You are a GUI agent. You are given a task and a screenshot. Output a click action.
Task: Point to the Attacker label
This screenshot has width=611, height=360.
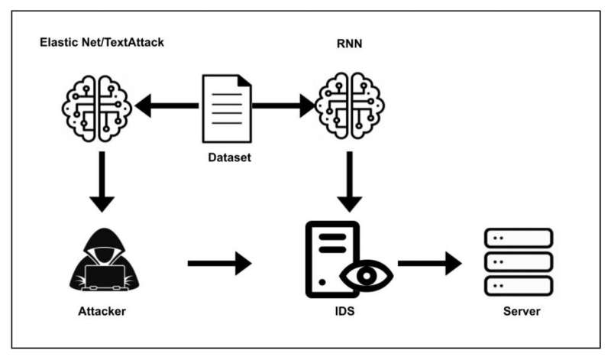tap(102, 312)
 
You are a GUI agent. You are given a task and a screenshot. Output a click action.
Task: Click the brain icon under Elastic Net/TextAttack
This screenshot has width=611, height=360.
tap(97, 108)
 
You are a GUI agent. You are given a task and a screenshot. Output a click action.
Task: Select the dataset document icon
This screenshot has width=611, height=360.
tap(225, 108)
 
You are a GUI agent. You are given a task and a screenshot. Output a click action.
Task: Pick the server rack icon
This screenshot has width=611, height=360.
tap(519, 262)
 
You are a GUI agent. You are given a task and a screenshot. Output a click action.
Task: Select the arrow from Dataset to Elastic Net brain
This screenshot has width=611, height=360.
tap(167, 106)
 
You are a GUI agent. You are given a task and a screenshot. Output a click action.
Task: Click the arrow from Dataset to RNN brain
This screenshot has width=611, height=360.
tap(283, 106)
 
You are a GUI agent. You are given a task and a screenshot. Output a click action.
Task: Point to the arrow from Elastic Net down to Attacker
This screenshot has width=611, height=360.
tap(101, 184)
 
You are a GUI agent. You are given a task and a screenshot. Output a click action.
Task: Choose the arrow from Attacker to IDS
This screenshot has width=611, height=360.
tap(219, 264)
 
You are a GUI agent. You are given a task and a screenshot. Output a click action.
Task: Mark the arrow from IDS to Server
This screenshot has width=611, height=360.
tap(429, 264)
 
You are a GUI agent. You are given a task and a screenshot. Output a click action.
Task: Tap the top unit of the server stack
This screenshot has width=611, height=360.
tap(519, 238)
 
